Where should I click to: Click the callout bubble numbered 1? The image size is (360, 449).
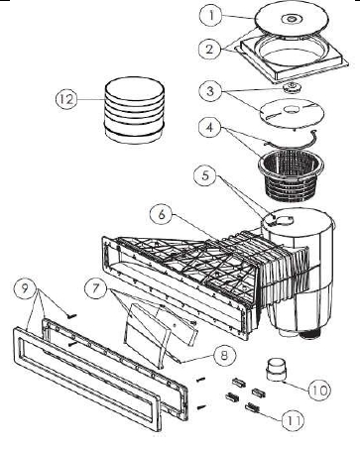tap(211, 16)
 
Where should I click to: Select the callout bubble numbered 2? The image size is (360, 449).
tap(209, 50)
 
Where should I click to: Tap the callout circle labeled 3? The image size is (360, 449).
tap(210, 91)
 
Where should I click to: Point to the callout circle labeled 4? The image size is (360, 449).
tap(210, 128)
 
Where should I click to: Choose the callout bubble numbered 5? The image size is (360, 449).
tap(206, 175)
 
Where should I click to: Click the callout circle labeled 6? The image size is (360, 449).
tap(162, 214)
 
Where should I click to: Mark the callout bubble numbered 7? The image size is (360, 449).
tap(96, 288)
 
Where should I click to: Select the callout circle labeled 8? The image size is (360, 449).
tap(224, 356)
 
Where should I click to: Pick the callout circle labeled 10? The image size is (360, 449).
tap(320, 391)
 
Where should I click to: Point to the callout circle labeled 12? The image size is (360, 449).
tap(66, 99)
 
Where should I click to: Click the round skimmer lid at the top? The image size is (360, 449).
tap(293, 20)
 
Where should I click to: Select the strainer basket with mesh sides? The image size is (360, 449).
tap(291, 176)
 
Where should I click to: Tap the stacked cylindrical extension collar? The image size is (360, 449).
tap(135, 110)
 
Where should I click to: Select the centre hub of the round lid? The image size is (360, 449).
tap(291, 19)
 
